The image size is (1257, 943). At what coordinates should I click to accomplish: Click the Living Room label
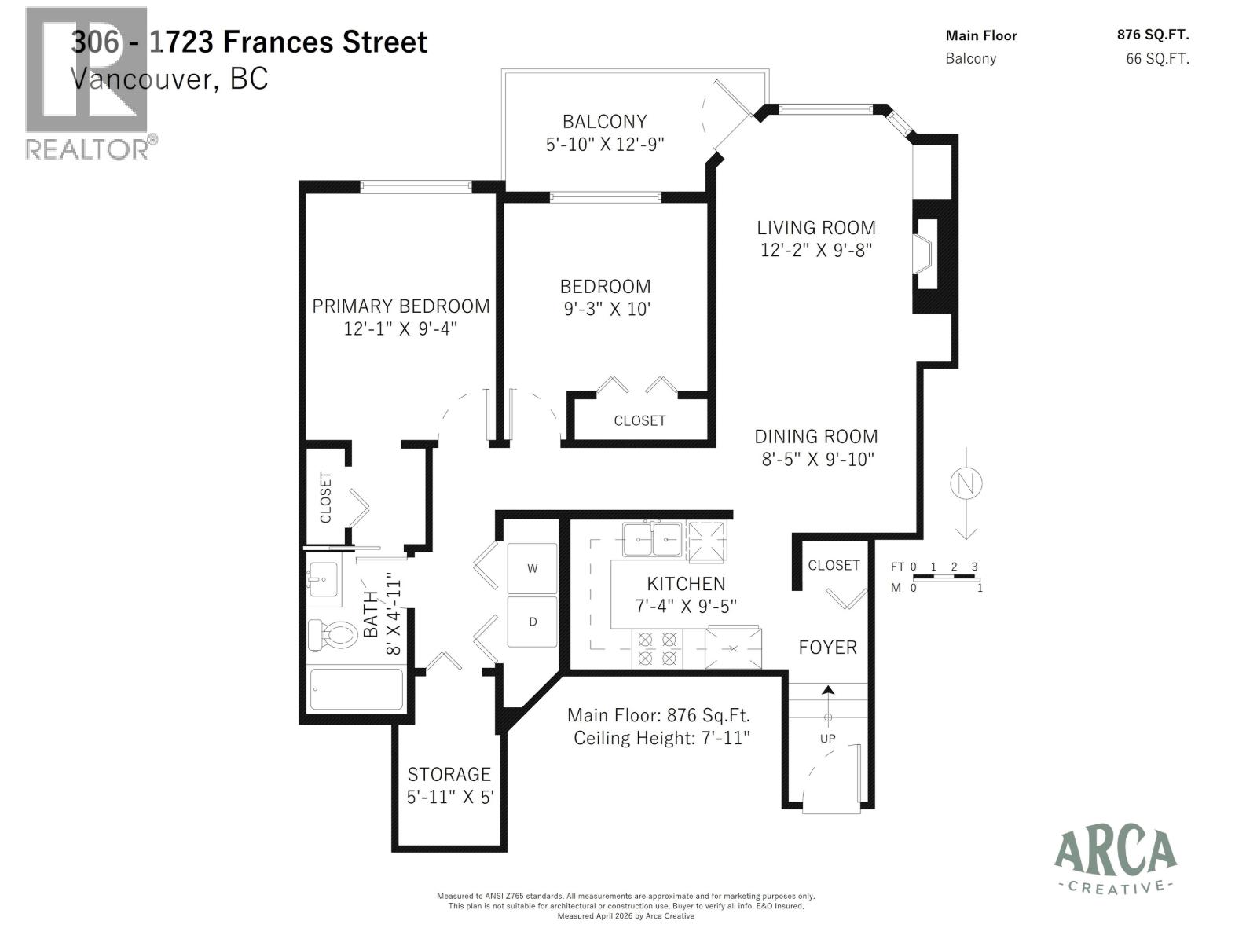tap(816, 228)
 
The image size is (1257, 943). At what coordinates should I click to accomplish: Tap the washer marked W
tap(532, 568)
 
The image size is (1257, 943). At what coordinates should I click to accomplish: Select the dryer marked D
tap(532, 622)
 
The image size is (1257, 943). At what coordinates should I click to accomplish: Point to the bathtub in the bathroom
tap(357, 689)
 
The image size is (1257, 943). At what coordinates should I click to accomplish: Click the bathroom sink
tap(322, 580)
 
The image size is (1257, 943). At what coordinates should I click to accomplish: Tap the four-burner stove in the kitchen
tap(657, 649)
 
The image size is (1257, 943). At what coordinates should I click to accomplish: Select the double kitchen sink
tap(651, 539)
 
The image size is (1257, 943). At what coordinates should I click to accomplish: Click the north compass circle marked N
tap(966, 483)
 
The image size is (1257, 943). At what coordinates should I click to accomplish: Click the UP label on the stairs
tap(827, 739)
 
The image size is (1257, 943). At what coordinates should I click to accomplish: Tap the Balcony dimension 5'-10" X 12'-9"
tap(605, 145)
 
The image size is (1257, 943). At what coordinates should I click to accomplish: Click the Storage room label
tap(449, 774)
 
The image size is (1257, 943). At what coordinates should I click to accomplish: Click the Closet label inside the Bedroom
tap(639, 421)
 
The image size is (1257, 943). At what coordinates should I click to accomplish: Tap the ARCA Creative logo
tap(1115, 860)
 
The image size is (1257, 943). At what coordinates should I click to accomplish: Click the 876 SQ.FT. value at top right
tap(1153, 35)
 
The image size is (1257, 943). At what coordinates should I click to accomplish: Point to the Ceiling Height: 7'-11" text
tap(661, 739)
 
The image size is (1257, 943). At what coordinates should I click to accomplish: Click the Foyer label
tap(827, 648)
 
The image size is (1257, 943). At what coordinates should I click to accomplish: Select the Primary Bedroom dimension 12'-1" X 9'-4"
tap(400, 328)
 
